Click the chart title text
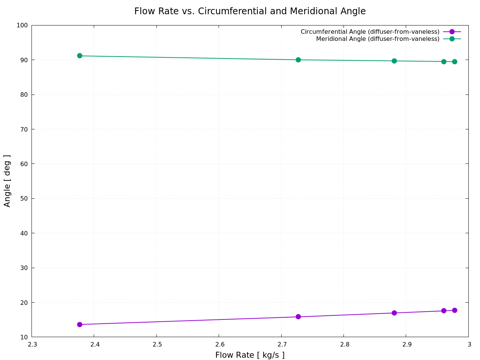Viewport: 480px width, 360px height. click(250, 11)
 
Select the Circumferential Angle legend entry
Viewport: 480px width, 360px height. click(370, 32)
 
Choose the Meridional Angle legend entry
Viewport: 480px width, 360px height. click(378, 39)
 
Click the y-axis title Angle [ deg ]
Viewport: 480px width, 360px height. click(7, 181)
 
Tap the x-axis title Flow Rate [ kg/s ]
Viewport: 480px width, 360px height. click(250, 355)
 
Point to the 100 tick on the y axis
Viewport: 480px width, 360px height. click(22, 25)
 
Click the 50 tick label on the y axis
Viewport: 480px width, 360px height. click(24, 199)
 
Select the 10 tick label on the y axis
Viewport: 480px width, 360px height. click(24, 337)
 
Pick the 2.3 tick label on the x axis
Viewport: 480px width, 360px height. click(32, 345)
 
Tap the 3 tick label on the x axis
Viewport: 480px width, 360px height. click(469, 345)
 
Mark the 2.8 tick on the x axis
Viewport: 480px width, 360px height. click(344, 345)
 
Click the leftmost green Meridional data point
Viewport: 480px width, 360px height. click(79, 56)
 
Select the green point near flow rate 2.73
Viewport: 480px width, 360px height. click(298, 60)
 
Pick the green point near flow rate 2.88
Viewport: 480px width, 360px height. click(394, 61)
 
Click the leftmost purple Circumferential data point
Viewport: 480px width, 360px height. click(79, 324)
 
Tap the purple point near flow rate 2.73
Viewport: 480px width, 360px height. click(298, 317)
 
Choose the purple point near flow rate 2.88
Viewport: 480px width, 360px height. click(394, 313)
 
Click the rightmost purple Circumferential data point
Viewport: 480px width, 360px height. click(454, 310)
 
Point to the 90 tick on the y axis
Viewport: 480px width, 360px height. click(24, 60)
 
